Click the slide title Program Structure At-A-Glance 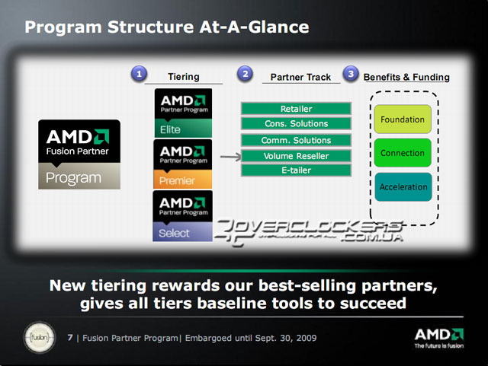166,27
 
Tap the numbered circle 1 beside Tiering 139,74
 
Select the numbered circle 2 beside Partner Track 245,74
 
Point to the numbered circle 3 350,74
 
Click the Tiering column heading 183,77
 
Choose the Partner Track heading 300,77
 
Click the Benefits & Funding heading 406,77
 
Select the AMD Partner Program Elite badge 183,113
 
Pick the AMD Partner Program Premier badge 183,164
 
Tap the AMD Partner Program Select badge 183,216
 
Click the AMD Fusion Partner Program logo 79,154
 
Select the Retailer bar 296,109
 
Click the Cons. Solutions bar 296,124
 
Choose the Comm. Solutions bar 296,140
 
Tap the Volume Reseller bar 296,156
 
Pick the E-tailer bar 296,170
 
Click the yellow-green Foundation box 403,119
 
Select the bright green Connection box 403,153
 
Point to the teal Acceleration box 403,186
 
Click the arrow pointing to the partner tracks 230,157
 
